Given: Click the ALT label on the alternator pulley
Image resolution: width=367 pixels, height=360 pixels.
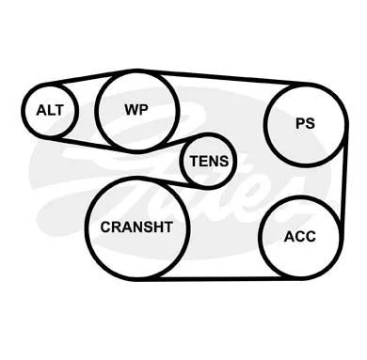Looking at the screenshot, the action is coord(50,110).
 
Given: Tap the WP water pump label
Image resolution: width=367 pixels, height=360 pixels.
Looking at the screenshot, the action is coord(136,109).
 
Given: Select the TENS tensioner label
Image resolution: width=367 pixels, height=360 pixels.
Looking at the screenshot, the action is coord(209,161).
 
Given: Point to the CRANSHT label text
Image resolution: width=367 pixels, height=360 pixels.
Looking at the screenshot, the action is coord(136,227).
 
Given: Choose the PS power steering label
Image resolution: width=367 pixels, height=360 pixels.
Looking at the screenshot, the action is coord(305,123).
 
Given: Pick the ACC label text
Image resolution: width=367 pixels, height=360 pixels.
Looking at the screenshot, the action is coord(300,237).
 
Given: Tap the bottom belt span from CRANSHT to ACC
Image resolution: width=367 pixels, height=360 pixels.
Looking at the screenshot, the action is coord(219,278).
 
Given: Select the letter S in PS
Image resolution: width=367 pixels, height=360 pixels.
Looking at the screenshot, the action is coord(310,123).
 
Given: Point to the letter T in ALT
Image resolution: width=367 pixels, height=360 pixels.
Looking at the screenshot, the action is coord(58,110).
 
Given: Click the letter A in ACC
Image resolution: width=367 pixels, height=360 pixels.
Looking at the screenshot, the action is coord(289,237).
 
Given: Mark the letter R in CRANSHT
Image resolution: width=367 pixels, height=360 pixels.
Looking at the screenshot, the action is coord(116,227).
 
